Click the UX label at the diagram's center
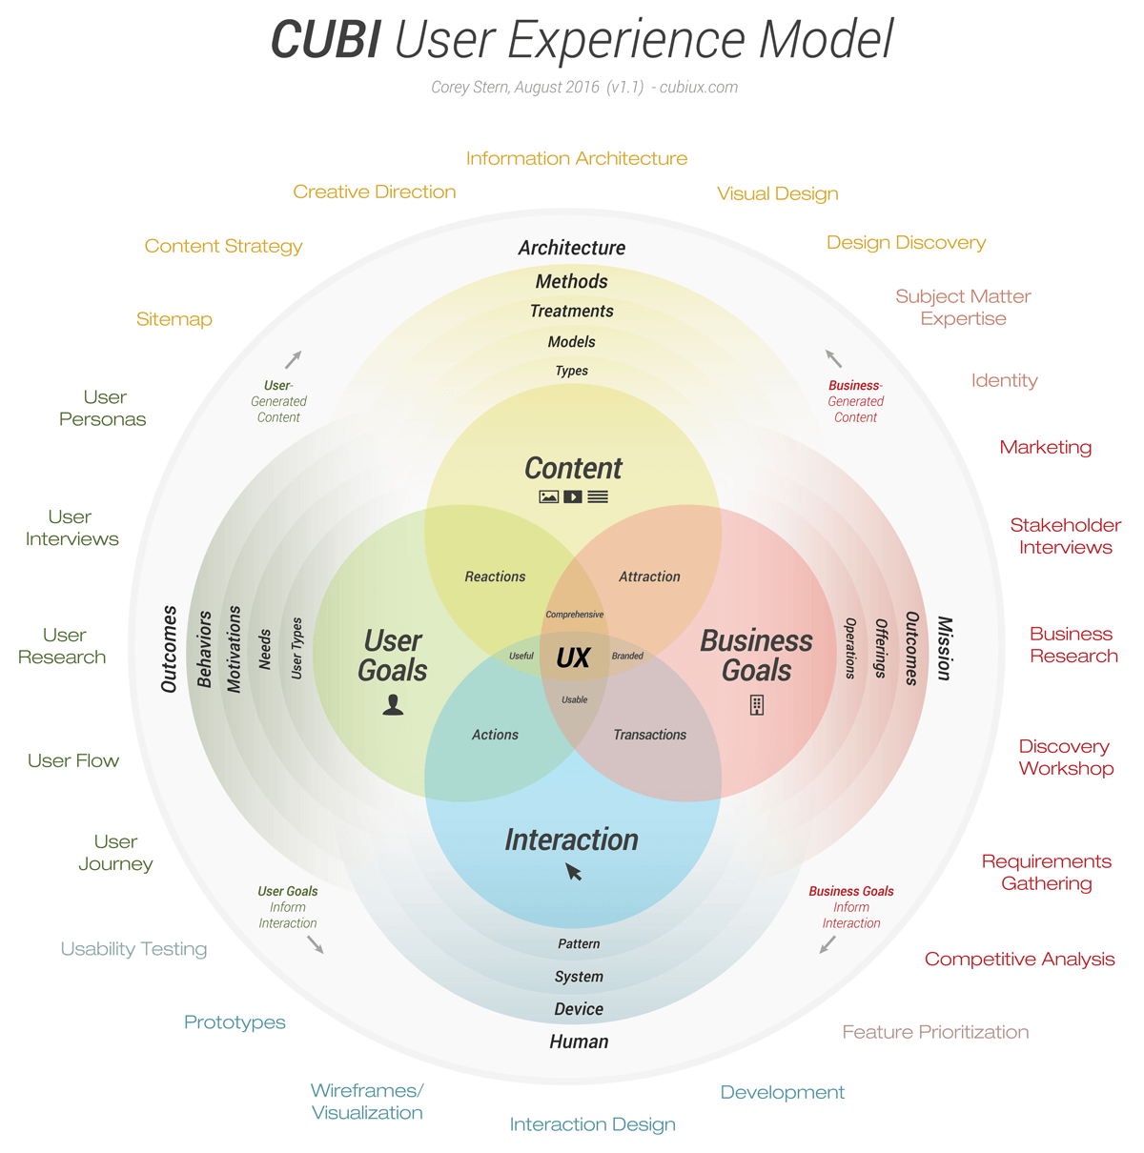(573, 658)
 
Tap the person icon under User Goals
(393, 704)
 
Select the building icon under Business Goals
(757, 705)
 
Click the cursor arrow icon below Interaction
(574, 872)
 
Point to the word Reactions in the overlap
(495, 576)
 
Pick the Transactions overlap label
(649, 735)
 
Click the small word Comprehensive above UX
(574, 615)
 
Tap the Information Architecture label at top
(576, 159)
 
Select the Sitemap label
(174, 319)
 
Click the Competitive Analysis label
(1019, 960)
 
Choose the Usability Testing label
(133, 949)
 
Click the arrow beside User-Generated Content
(294, 359)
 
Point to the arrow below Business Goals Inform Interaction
(827, 944)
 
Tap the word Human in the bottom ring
(579, 1042)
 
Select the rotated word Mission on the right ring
(944, 648)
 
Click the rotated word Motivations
(234, 648)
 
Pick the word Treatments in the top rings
(571, 312)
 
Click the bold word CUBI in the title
(325, 41)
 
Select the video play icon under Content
(572, 496)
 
